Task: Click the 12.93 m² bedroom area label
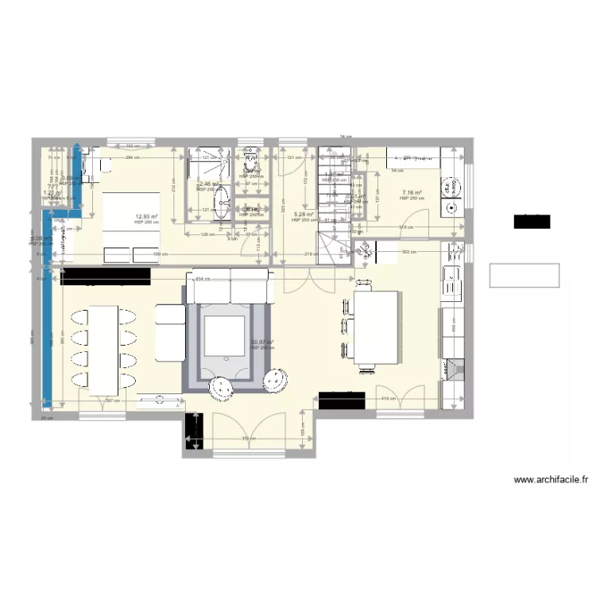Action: [145, 216]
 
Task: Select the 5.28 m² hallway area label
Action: [303, 215]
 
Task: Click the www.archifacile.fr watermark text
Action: [551, 479]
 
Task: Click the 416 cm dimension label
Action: [388, 398]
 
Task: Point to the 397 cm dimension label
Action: [112, 401]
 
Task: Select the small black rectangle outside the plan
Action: [532, 221]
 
